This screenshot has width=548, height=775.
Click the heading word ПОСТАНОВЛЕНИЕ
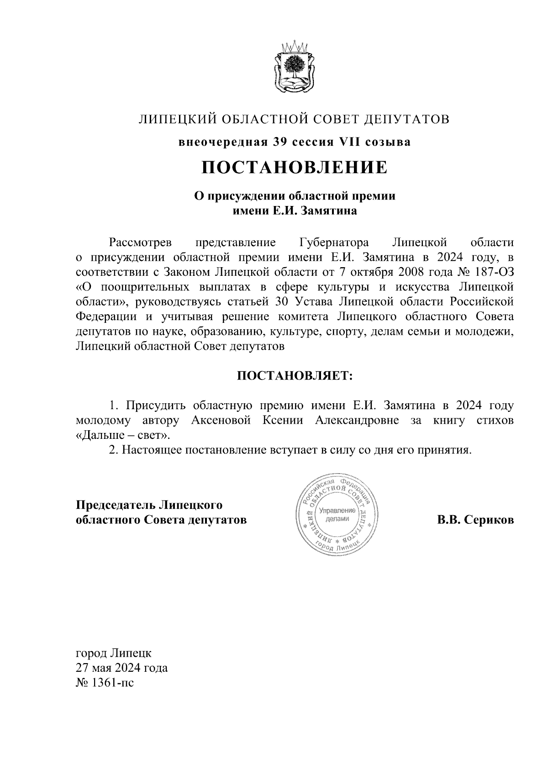[295, 168]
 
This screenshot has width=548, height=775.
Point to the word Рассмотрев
[140, 242]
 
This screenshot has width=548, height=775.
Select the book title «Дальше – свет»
[123, 435]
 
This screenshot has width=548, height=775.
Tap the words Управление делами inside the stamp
[337, 515]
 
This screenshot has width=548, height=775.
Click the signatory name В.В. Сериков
[475, 520]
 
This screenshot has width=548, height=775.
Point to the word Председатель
[116, 506]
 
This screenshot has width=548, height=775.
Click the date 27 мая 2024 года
[121, 668]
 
